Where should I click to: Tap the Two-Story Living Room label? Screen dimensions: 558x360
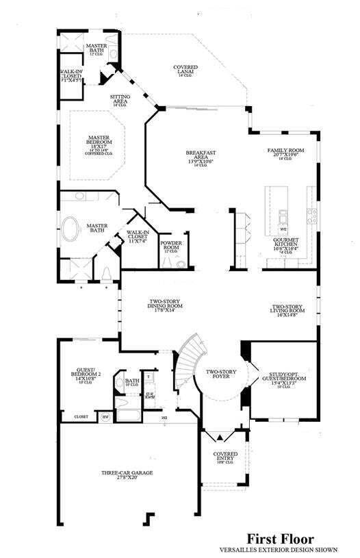click(287, 310)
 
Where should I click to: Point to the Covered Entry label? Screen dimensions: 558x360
click(225, 456)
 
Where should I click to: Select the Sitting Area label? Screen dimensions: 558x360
click(120, 100)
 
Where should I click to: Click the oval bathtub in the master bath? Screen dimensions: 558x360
click(71, 228)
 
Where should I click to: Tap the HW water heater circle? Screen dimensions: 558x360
click(105, 416)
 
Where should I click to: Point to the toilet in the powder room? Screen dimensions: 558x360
click(180, 264)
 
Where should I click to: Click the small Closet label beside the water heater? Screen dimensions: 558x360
click(81, 416)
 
